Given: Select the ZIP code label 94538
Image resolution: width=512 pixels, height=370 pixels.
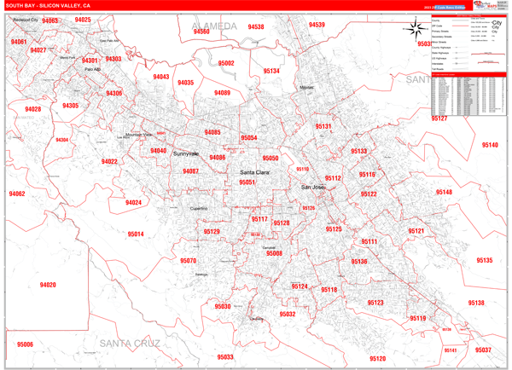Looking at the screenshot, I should (256, 27).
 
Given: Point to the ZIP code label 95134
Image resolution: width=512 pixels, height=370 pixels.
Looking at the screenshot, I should (271, 72).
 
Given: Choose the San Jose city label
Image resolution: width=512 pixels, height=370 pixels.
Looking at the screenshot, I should (313, 187).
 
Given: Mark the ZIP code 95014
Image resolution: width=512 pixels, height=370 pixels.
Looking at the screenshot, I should (136, 234).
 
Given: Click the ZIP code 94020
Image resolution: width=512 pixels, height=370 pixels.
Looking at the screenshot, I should (48, 285).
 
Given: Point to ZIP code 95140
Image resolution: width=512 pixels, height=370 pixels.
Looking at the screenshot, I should (490, 145).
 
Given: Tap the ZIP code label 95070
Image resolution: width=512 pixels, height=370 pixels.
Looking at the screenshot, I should (189, 261).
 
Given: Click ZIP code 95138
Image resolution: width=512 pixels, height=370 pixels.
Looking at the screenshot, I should (476, 303).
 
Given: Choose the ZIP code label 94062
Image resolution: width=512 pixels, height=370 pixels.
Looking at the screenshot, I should (17, 194).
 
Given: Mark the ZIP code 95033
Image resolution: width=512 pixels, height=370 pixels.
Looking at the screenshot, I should (224, 357).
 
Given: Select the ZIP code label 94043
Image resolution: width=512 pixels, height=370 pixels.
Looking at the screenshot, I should (160, 77).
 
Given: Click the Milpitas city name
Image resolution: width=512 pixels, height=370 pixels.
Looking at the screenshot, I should (306, 87).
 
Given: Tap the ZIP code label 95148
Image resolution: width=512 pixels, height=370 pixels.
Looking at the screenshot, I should (445, 193).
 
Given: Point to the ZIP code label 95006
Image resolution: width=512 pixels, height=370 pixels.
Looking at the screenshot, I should (24, 344).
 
